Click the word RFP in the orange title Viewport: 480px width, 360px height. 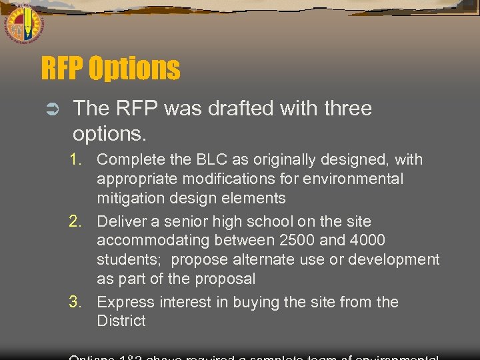(x=62, y=69)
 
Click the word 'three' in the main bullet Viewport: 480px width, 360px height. (x=344, y=109)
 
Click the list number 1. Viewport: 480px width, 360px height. (x=78, y=160)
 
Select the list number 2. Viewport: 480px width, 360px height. (x=78, y=221)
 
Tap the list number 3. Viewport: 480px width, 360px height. (x=78, y=302)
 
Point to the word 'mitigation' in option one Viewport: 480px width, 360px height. (x=128, y=198)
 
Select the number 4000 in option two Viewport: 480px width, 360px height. (x=365, y=240)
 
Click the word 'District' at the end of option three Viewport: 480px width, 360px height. (x=121, y=321)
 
